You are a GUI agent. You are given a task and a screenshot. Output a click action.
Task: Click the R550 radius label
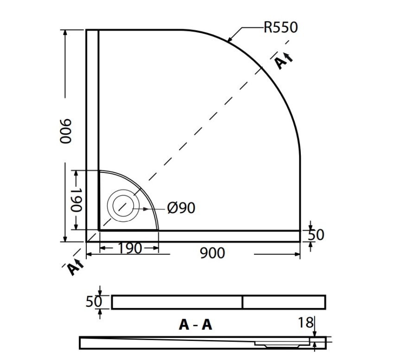point(280,27)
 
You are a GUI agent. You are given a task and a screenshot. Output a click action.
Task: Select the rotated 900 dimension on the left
point(65,131)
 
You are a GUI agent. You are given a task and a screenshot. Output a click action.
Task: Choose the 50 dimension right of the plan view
point(316,235)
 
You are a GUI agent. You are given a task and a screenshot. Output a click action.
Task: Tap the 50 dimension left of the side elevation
point(94,301)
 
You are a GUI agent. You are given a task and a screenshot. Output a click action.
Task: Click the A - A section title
point(195,325)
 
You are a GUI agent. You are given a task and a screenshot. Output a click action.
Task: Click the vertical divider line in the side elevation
point(242,302)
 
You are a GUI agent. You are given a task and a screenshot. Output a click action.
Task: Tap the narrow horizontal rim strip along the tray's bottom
point(199,236)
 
